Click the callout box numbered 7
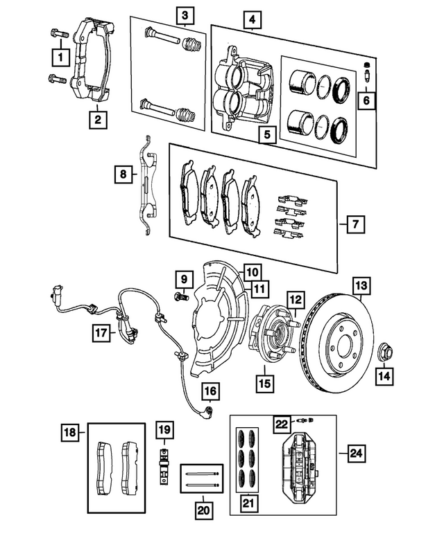355,224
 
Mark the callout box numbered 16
210,393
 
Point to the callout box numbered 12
295,301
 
